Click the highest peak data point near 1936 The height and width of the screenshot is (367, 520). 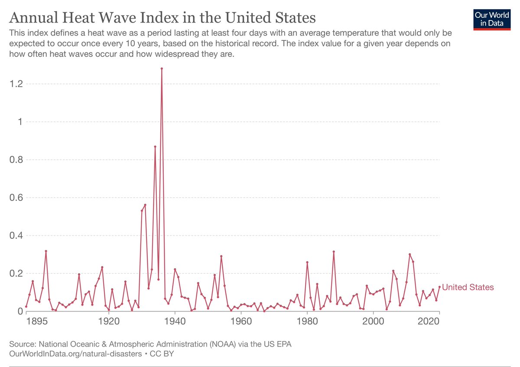point(162,68)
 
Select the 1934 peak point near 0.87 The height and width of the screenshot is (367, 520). point(155,146)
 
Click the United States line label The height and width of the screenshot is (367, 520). point(468,287)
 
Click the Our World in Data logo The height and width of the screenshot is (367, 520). point(492,18)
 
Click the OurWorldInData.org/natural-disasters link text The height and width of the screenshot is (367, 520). point(75,354)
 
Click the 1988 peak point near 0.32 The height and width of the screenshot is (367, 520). point(334,251)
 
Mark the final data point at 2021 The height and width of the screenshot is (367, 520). point(439,287)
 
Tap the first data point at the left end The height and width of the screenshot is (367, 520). point(26,306)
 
